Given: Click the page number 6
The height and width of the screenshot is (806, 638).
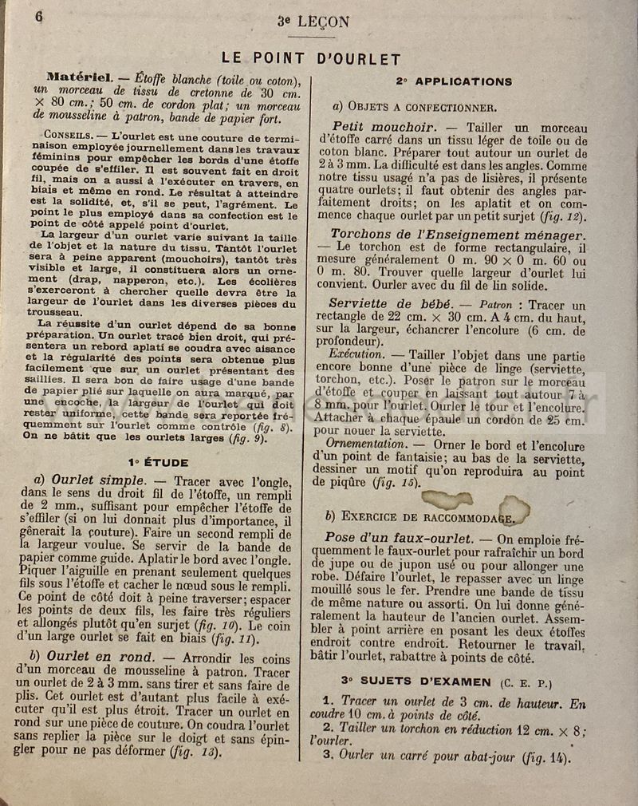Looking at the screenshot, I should tap(38, 17).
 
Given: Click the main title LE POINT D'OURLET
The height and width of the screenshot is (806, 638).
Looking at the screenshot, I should tap(311, 58).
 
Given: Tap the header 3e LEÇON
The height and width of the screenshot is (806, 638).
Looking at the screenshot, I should tap(313, 22).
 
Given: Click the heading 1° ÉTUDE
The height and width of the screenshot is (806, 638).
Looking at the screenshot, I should tap(157, 461).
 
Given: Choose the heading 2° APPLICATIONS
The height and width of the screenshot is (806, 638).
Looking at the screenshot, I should tap(454, 81).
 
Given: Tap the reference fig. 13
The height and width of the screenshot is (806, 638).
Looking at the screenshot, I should tap(191, 752).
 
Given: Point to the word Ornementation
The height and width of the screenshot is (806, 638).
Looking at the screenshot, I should tap(368, 442).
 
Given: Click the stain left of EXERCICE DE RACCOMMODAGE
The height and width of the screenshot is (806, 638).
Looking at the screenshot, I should tap(447, 500).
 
